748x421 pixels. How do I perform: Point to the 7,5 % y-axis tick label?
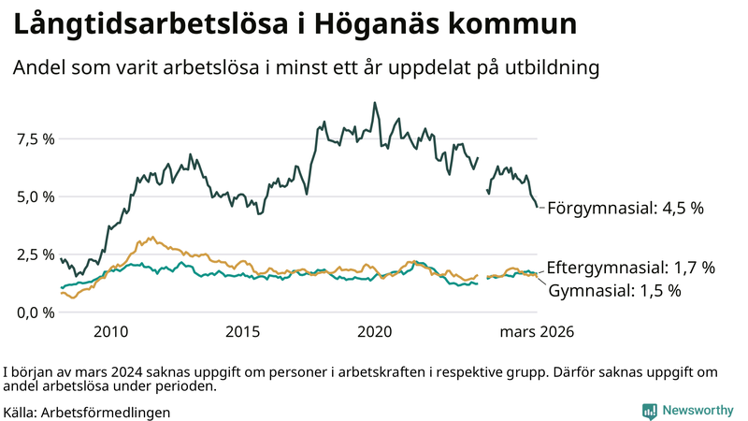36,139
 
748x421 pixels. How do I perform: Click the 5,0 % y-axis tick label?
36,197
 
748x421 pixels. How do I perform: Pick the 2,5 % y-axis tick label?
36,254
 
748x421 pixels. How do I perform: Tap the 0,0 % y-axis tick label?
36,312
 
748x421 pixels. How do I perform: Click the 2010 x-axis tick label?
110,332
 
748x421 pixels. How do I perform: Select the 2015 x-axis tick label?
243,332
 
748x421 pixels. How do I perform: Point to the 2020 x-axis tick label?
375,332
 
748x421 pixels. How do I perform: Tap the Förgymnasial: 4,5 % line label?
625,209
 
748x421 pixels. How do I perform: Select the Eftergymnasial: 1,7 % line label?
630,268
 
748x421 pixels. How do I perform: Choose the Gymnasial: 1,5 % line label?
613,291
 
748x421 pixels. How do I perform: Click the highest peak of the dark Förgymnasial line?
375,103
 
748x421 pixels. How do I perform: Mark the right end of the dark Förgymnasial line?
537,207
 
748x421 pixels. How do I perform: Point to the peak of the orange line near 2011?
151,237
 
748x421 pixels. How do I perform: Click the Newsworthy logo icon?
649,411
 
